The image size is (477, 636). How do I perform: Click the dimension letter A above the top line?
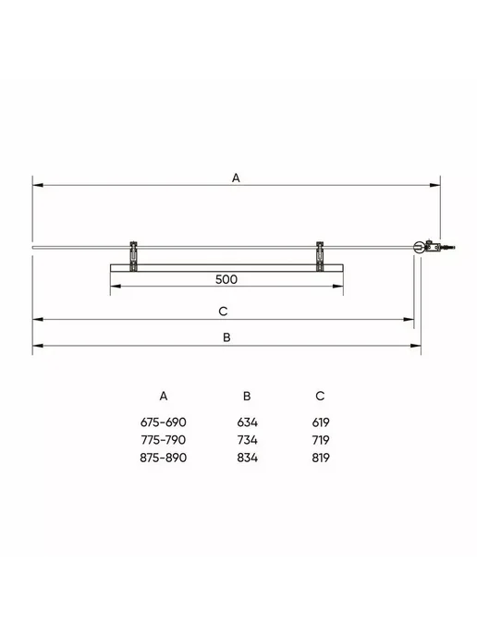[236, 177]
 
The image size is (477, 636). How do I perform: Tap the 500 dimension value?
[226, 279]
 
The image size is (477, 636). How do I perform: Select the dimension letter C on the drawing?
[223, 312]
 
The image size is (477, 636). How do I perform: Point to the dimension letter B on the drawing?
[226, 337]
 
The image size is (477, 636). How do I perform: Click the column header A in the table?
[164, 396]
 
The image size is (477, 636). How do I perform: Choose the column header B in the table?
[247, 396]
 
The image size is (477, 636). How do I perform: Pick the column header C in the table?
[320, 396]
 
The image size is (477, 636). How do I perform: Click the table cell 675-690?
[163, 422]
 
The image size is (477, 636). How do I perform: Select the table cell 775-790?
[163, 440]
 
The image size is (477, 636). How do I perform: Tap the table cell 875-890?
[163, 458]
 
